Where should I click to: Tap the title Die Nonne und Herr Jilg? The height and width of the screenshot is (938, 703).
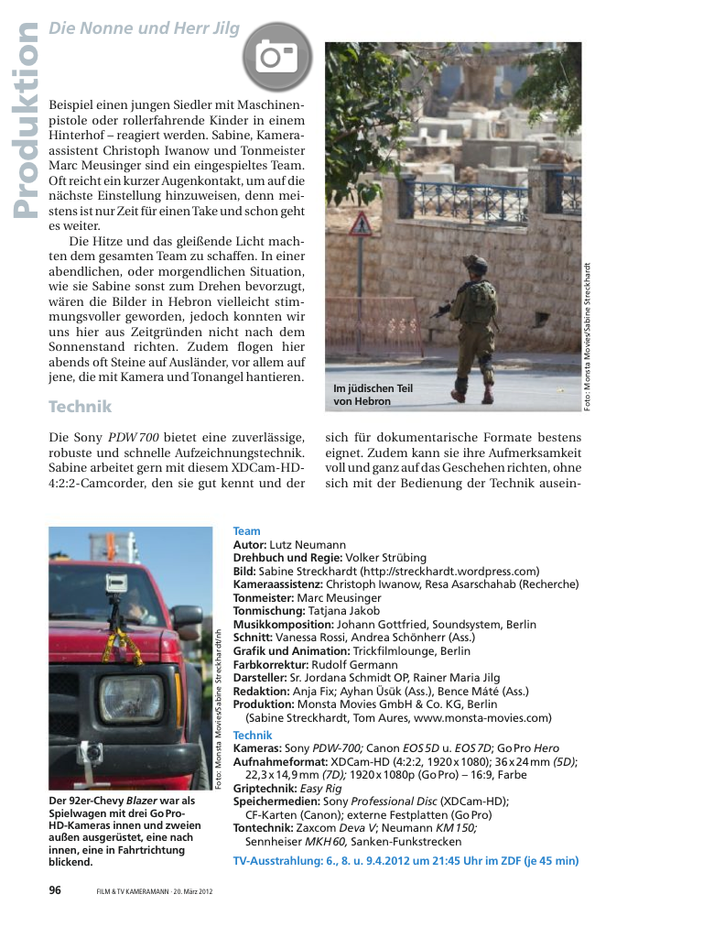144,28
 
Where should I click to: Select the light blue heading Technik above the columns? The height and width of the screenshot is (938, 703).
80,406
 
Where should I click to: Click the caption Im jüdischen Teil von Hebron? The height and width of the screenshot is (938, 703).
373,395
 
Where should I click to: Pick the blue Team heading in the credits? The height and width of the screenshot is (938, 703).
246,531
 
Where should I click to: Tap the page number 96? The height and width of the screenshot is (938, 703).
55,889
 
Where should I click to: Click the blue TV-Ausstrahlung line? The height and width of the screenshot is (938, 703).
406,861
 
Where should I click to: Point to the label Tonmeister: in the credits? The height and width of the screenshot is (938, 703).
264,597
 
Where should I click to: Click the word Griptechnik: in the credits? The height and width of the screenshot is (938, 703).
265,788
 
